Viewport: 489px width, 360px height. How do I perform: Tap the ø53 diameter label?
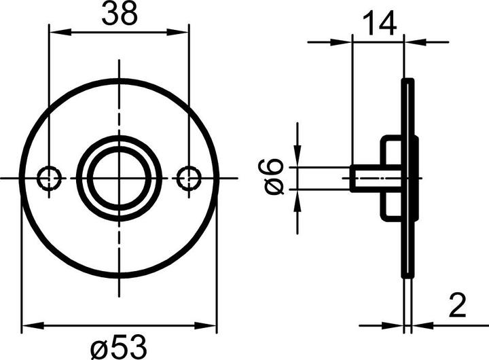(119, 347)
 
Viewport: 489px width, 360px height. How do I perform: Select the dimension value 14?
(378, 24)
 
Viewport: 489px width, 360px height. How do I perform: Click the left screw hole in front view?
(49, 178)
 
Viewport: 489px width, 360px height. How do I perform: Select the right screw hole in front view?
(189, 178)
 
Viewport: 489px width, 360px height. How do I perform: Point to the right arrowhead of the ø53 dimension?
(211, 325)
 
